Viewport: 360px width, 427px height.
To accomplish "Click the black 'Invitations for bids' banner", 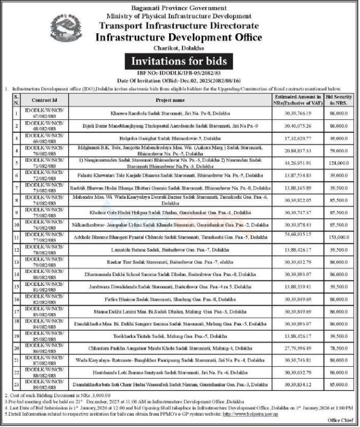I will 179,60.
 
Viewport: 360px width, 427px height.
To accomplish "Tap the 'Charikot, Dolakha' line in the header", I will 179,48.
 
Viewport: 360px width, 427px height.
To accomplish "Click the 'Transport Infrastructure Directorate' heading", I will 179,26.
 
